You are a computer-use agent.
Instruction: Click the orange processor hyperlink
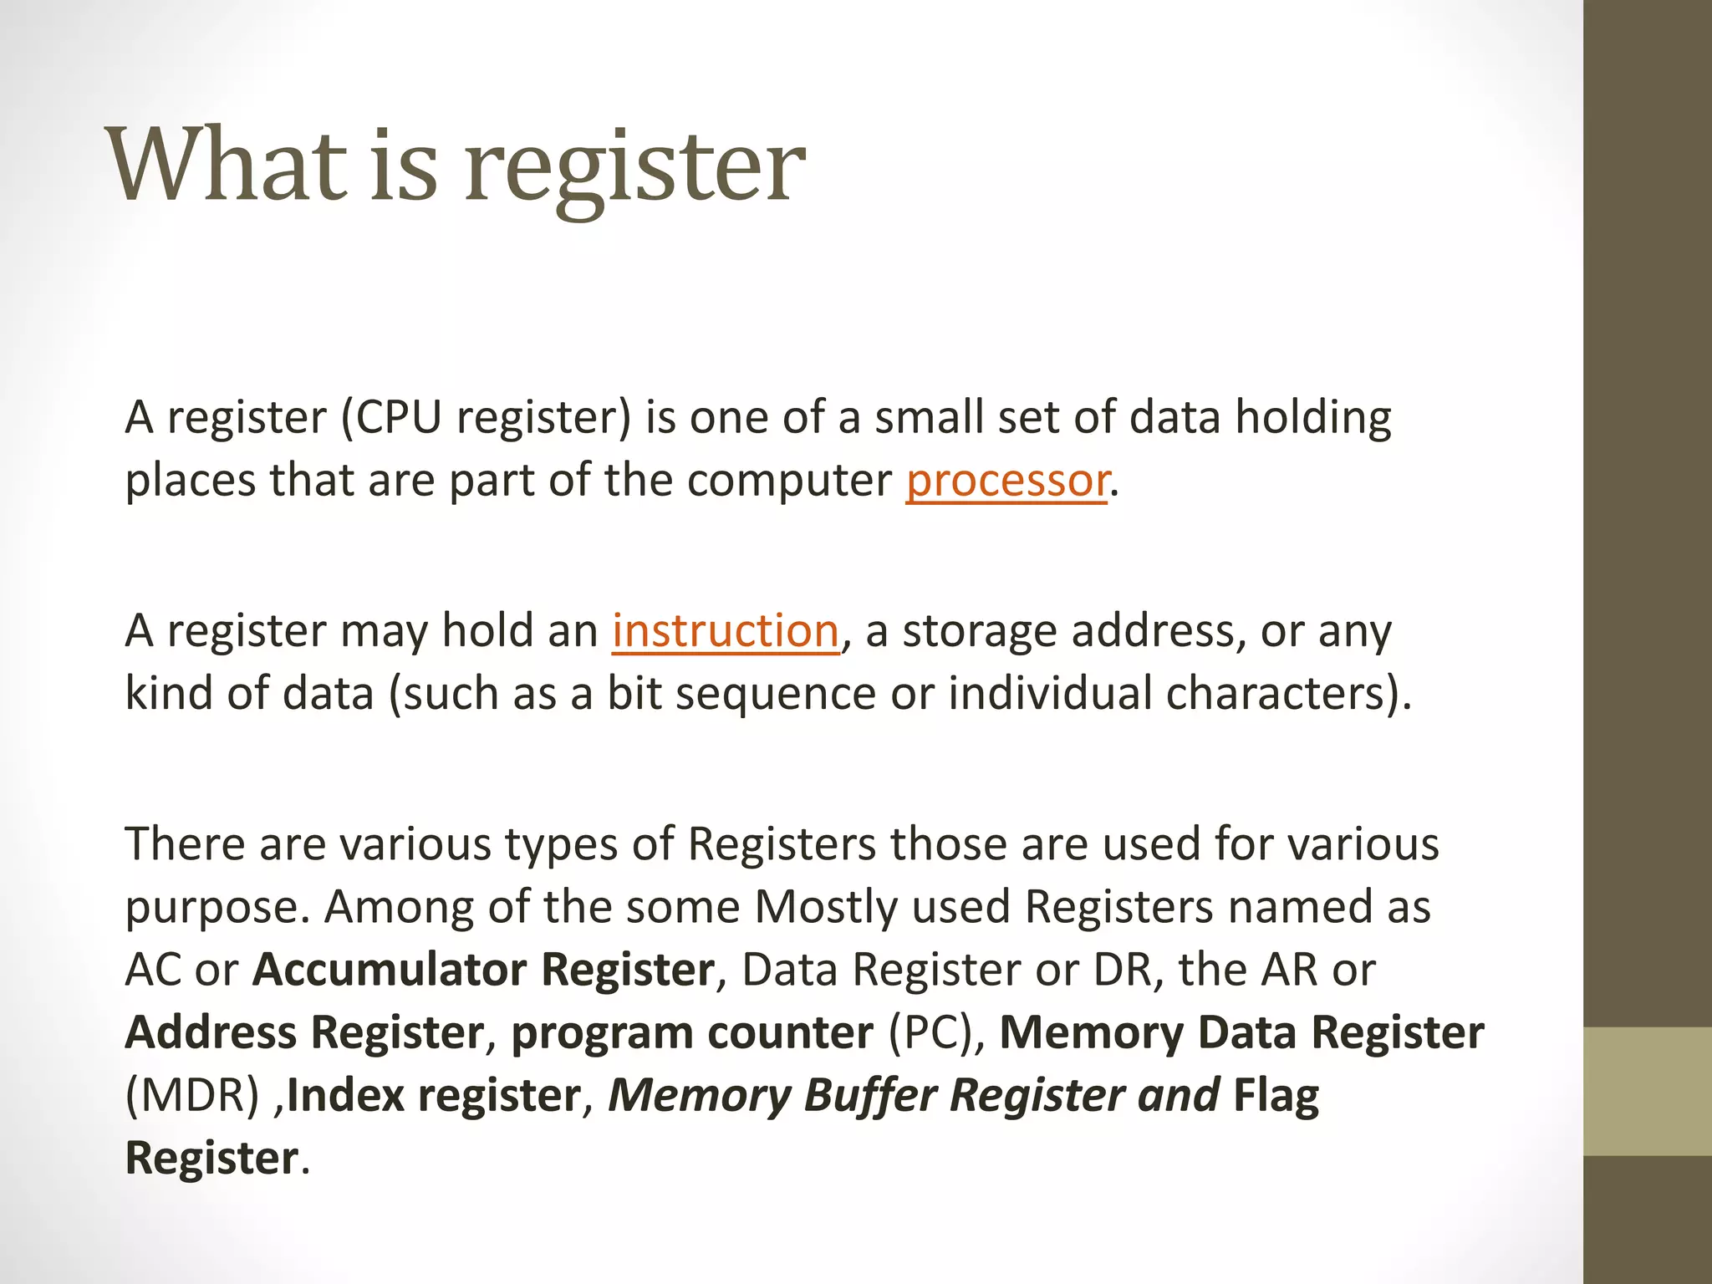click(1007, 480)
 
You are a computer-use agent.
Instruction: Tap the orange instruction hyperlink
click(725, 630)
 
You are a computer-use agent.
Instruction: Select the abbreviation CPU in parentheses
click(399, 416)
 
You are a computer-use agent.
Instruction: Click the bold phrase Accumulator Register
click(483, 970)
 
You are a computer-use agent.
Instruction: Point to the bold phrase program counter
click(692, 1032)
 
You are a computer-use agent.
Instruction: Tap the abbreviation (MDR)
click(192, 1095)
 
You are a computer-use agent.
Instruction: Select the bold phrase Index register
click(434, 1095)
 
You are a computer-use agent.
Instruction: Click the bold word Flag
click(1276, 1095)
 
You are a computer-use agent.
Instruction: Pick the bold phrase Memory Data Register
click(1241, 1032)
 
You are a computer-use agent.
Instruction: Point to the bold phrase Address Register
click(304, 1032)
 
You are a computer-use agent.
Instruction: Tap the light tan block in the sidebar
click(1648, 1091)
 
